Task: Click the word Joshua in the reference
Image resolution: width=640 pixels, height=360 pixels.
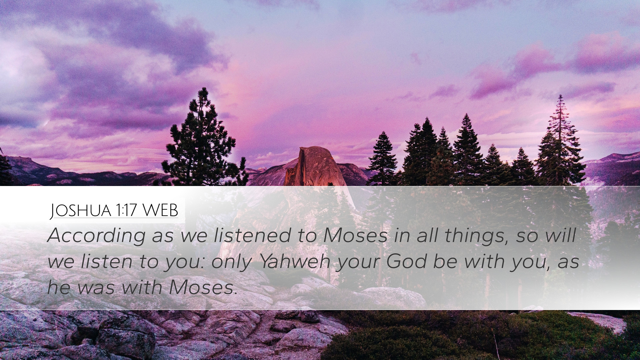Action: pyautogui.click(x=80, y=211)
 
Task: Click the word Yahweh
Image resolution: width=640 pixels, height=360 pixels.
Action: pyautogui.click(x=295, y=262)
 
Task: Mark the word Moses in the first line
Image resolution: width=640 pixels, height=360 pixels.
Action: pyautogui.click(x=355, y=236)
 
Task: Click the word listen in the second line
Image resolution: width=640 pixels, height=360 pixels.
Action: pyautogui.click(x=106, y=262)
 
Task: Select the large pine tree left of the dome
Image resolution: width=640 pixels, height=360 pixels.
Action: pyautogui.click(x=200, y=140)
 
